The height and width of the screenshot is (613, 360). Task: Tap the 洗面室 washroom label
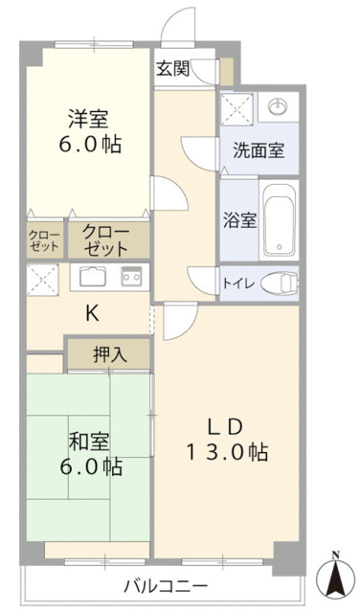[x=258, y=151]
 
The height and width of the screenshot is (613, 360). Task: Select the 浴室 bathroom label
[x=239, y=219]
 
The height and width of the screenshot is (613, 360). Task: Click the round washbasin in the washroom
[x=278, y=106]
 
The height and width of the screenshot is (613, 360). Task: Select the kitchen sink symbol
[x=93, y=277]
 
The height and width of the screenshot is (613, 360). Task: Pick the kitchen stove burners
[x=131, y=277]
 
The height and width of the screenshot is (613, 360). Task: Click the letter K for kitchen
[x=92, y=312]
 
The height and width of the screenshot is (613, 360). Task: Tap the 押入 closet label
[x=108, y=354]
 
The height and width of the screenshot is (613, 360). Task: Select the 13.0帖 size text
[x=228, y=451]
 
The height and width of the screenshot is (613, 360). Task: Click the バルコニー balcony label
[x=166, y=585]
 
